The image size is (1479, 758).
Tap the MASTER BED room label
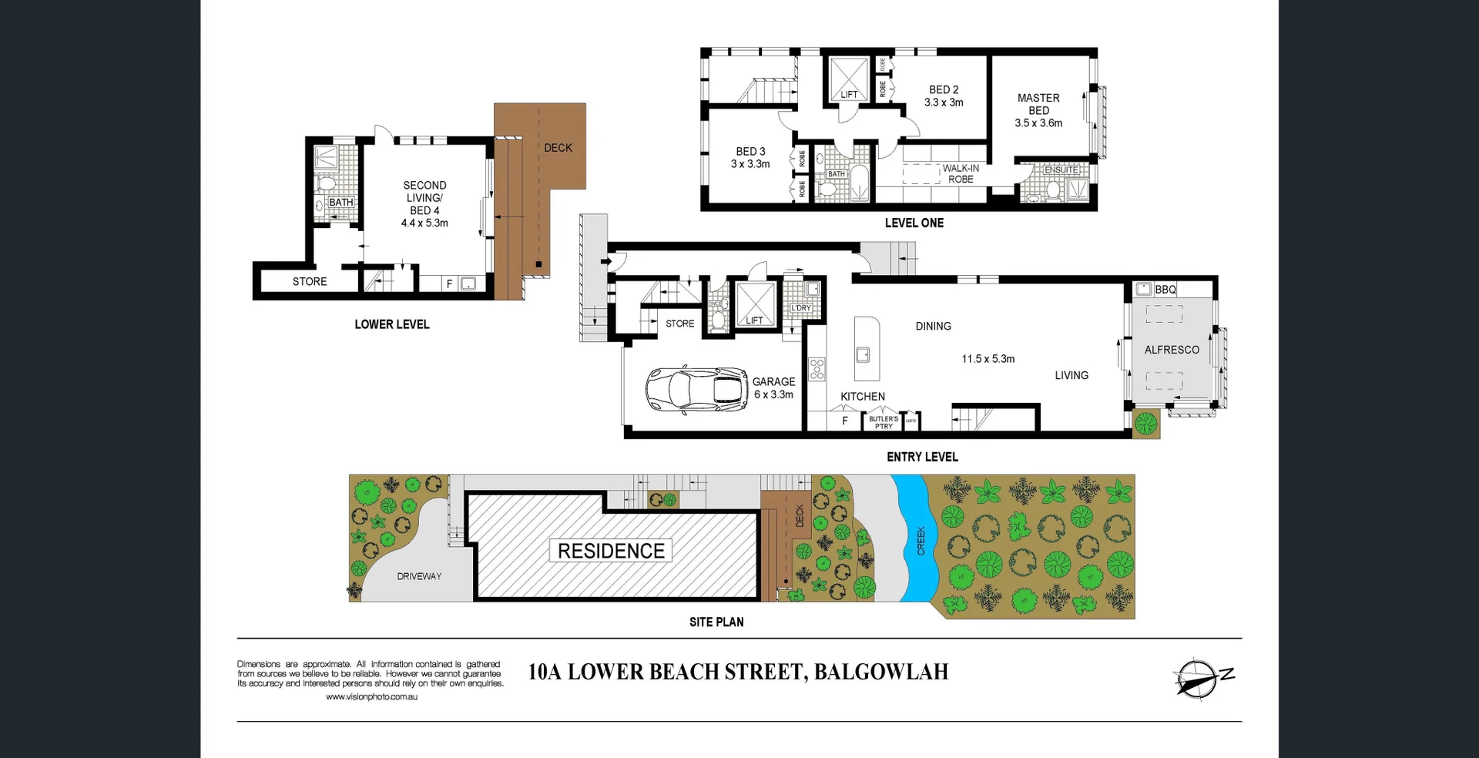click(x=1038, y=104)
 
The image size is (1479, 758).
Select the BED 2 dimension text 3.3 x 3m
click(x=944, y=102)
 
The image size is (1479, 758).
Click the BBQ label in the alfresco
click(x=1165, y=290)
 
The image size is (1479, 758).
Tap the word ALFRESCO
click(x=1172, y=350)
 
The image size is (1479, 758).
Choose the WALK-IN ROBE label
click(x=961, y=173)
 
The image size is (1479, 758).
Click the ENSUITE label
click(x=1061, y=169)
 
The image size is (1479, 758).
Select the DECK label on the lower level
click(x=558, y=148)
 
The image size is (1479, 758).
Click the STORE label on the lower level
click(x=310, y=282)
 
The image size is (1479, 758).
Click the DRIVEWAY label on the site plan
click(x=419, y=576)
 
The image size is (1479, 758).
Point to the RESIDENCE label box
click(x=611, y=551)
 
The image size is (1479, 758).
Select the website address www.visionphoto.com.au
click(x=371, y=697)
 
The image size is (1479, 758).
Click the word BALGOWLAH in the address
click(x=880, y=672)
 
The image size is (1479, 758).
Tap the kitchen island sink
click(x=863, y=354)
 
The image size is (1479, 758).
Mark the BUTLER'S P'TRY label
click(x=884, y=422)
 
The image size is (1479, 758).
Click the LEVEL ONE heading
click(x=914, y=223)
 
